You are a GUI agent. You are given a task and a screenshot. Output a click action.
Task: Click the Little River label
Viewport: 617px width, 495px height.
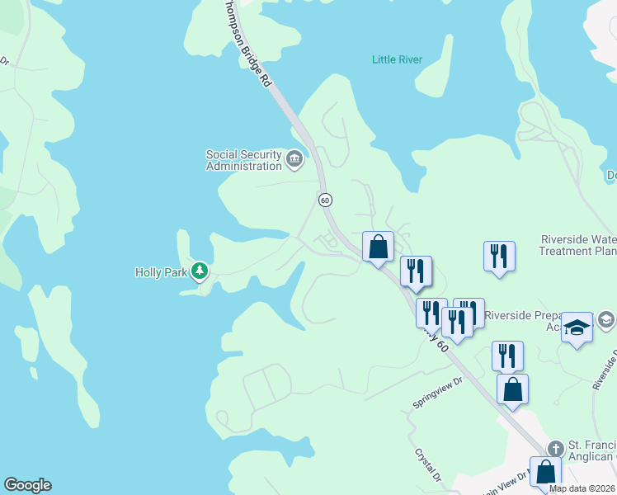coord(397,59)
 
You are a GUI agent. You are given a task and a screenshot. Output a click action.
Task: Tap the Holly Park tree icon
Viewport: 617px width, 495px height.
coord(199,271)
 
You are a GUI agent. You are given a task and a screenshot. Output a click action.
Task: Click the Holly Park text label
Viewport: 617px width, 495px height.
coord(161,271)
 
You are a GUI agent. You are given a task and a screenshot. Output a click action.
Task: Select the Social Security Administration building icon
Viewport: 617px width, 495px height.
coord(294,157)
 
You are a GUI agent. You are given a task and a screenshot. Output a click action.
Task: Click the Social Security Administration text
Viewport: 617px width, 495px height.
coord(243,160)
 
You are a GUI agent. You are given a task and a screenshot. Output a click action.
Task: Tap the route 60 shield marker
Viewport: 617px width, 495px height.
coord(325,200)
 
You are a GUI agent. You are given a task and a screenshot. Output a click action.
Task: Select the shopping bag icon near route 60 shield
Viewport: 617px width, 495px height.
coord(378,246)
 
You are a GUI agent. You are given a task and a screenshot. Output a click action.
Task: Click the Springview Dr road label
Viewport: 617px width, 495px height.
coord(440,394)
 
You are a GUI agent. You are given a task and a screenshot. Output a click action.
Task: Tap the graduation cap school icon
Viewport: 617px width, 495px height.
coord(577,327)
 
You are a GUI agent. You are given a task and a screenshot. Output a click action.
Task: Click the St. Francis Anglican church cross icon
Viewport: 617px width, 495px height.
coord(555,449)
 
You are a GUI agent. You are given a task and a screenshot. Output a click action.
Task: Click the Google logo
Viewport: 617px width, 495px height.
coord(27,485)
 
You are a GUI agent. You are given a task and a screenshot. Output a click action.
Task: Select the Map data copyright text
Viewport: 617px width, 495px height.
coord(582,488)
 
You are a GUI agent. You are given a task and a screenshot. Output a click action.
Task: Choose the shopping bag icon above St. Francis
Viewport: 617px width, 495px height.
coord(512,389)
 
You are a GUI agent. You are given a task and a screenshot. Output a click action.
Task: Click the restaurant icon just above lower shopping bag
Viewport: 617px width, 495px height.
coord(507,355)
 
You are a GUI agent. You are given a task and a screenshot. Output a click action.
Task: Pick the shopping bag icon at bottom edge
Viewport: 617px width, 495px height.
coord(545,473)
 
